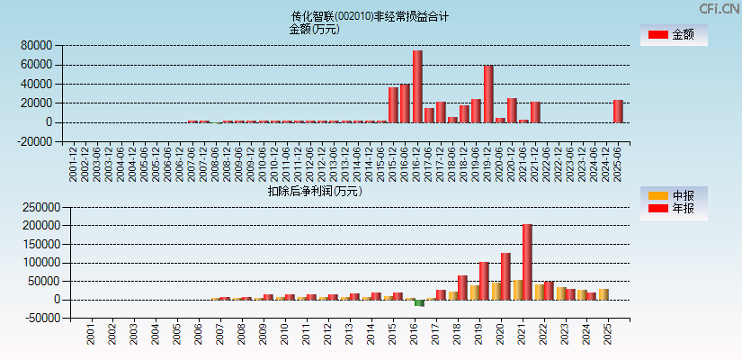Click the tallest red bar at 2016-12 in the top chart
[417, 86]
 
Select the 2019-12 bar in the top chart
[488, 94]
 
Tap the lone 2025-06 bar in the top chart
[618, 111]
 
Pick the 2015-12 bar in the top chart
[393, 104]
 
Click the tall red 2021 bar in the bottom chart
[527, 262]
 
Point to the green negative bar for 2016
[419, 302]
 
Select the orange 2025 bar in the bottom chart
[603, 294]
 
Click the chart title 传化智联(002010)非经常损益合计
[371, 16]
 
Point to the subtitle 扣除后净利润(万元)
[315, 191]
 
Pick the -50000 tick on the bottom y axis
[40, 319]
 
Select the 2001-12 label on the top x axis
[73, 164]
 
